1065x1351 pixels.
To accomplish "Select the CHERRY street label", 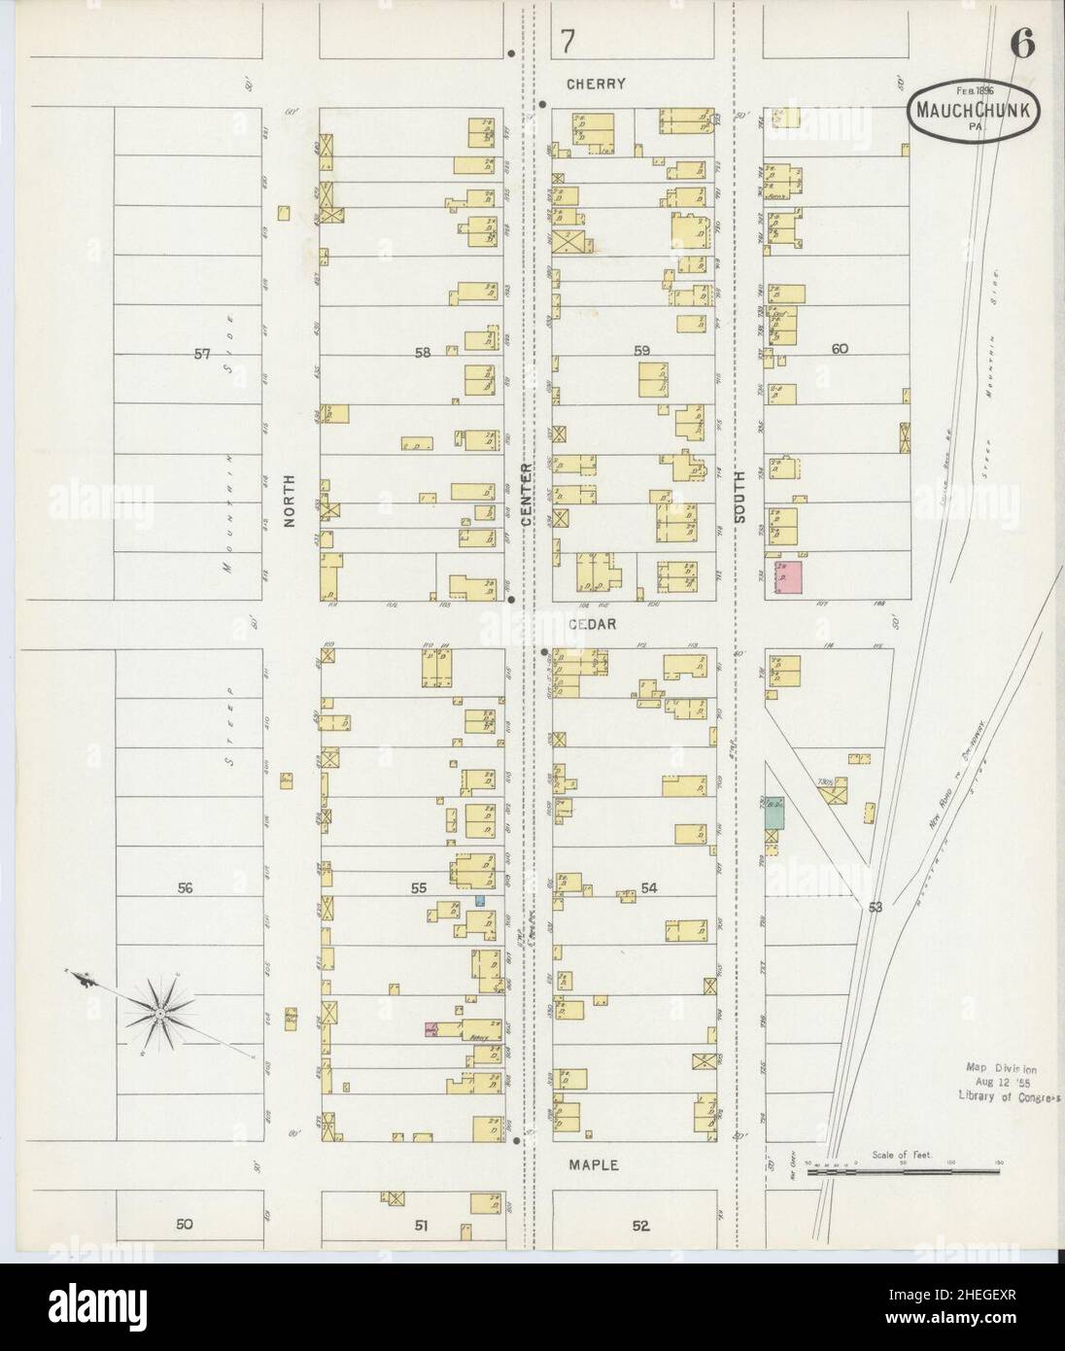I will (x=598, y=84).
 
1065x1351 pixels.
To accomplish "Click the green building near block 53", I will (x=773, y=812).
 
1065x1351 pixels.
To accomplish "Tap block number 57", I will (x=201, y=354).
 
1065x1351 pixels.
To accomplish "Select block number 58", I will (x=422, y=353).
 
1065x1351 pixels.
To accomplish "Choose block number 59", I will (x=641, y=350).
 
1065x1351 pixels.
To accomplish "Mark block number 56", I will (x=187, y=887).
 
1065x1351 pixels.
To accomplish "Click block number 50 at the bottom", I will (x=185, y=1225).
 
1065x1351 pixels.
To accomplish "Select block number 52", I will (x=639, y=1226).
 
